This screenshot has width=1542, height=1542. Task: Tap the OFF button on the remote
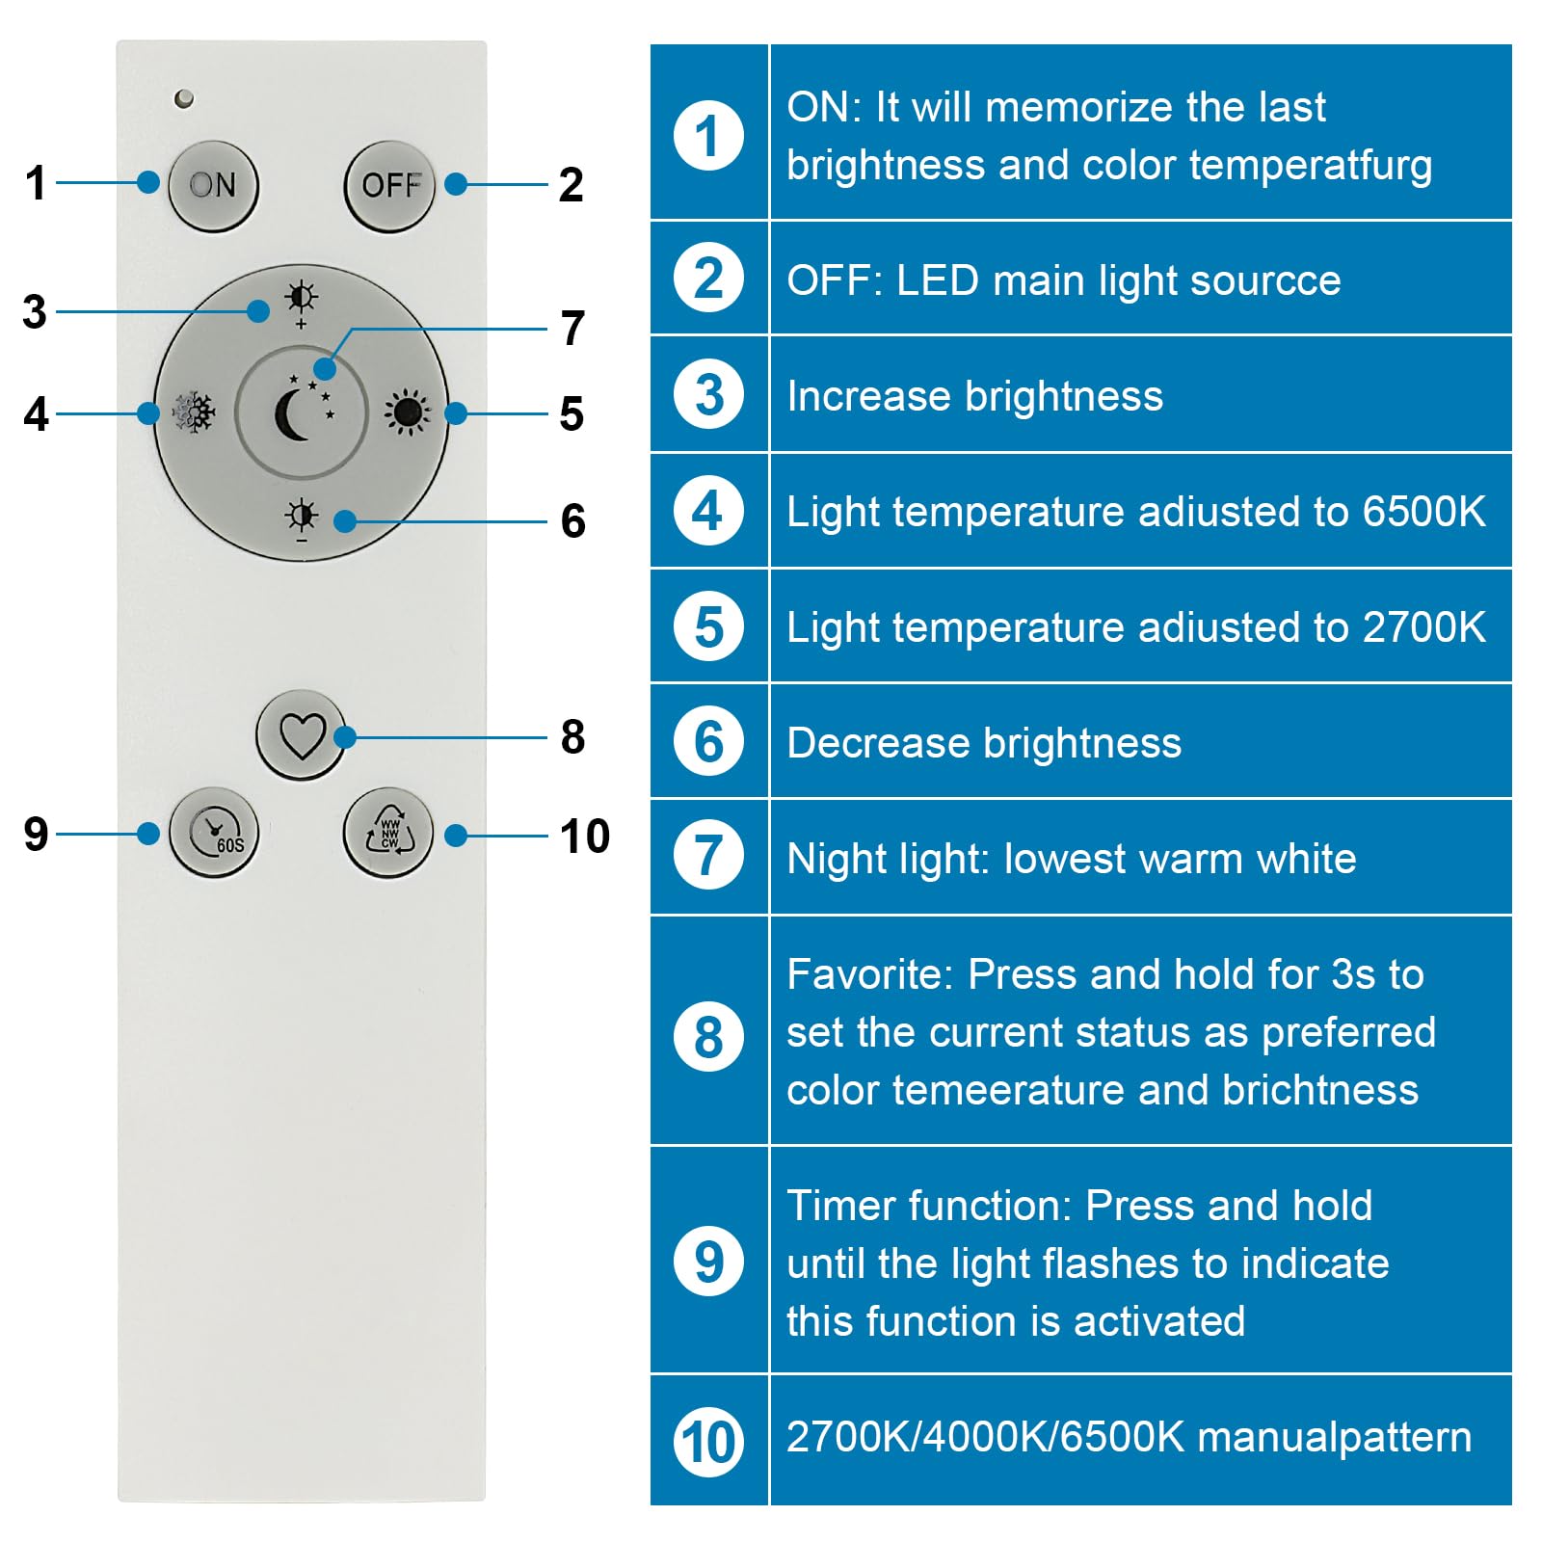389,186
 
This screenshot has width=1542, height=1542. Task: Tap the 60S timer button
214,834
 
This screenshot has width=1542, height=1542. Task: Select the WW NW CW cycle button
388,834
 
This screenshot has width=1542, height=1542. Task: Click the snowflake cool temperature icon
195,413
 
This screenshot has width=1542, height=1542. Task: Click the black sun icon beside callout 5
407,413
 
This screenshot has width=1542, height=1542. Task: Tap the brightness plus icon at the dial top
302,300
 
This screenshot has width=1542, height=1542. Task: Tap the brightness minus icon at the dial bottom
302,519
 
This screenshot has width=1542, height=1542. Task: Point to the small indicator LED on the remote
184,98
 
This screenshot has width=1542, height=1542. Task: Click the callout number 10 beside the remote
584,837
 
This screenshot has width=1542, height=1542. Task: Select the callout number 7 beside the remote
572,329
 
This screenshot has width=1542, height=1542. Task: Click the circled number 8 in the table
708,1038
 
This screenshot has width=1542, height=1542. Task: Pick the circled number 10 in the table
708,1443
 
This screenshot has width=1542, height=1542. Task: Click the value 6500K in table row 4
1423,512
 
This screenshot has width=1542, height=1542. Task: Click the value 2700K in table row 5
1423,627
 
